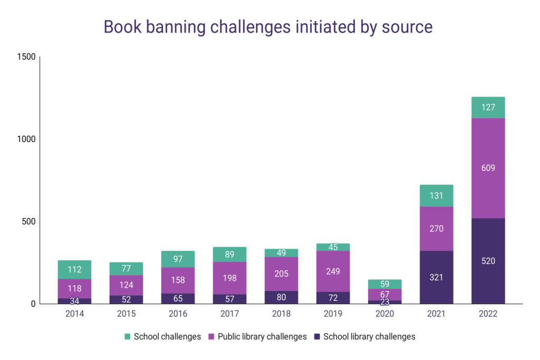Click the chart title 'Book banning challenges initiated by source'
tap(268, 27)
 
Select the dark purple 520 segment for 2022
tap(488, 261)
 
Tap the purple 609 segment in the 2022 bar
tap(488, 168)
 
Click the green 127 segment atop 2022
tap(488, 108)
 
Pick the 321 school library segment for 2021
tap(436, 277)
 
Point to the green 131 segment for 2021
tap(436, 196)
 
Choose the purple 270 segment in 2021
tap(436, 229)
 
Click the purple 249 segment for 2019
tap(333, 271)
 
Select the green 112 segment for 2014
tap(74, 269)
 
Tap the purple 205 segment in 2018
tap(281, 274)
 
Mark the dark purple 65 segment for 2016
tap(178, 298)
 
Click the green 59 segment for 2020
tap(384, 284)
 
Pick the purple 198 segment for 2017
tap(229, 278)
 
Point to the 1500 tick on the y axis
tap(26, 57)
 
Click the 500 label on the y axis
tap(28, 221)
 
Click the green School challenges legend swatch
tap(127, 336)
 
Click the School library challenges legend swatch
tap(317, 336)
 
